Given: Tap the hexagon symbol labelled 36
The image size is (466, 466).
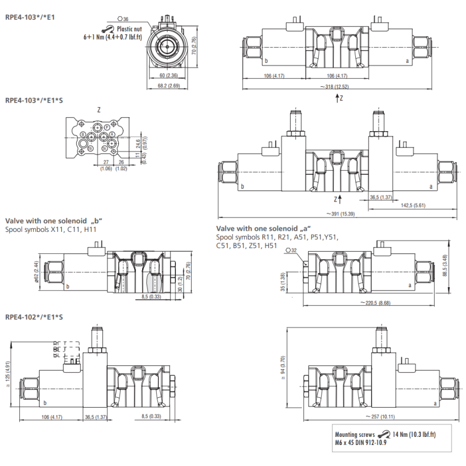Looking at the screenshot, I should coord(119,19).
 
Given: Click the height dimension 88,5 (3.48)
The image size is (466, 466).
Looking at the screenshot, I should coord(445,266).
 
